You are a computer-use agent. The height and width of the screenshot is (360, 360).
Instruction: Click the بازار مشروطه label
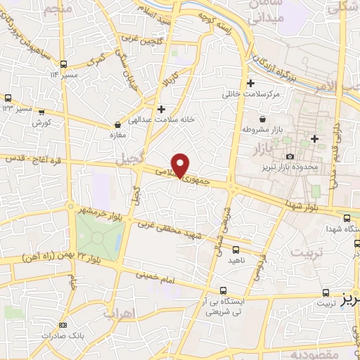pos(257,130)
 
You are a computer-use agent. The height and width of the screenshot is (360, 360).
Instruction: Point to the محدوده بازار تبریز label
pos(310,167)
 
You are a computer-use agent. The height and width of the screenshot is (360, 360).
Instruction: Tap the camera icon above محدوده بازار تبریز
pos(290,156)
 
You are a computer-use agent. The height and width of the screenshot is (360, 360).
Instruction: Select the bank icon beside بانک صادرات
pos(63,325)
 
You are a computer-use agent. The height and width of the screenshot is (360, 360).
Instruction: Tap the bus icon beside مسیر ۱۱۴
pos(64,63)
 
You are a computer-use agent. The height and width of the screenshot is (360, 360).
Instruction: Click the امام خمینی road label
pos(166,280)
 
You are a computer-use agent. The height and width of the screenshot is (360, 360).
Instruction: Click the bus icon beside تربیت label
pos(325,292)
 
